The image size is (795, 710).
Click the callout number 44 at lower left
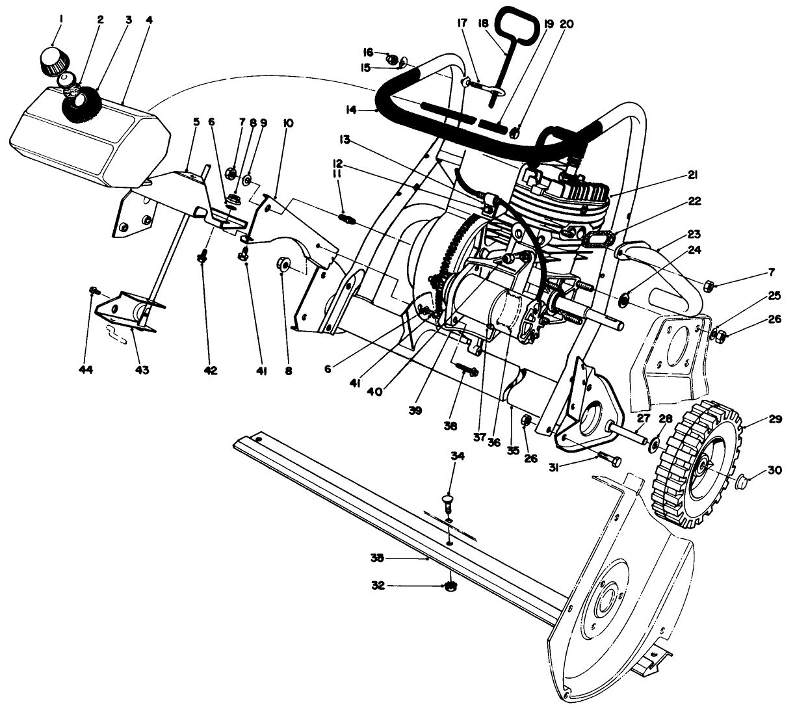(x=86, y=370)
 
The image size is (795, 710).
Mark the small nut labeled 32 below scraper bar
(x=449, y=586)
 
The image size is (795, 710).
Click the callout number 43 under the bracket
(x=142, y=370)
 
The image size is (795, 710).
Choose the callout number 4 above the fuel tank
(x=150, y=20)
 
